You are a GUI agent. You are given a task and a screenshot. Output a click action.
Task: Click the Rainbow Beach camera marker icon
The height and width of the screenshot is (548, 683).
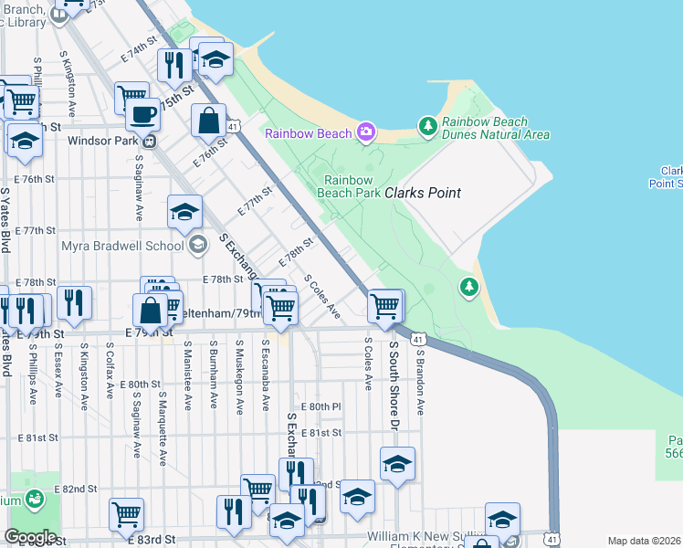(x=365, y=133)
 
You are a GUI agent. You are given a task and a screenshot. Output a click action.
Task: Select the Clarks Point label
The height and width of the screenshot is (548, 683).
(x=422, y=194)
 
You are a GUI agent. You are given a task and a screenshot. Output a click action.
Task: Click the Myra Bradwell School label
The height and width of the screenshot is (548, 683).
(x=121, y=245)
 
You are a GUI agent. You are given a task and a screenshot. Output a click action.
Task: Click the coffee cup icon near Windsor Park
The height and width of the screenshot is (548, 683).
(x=143, y=115)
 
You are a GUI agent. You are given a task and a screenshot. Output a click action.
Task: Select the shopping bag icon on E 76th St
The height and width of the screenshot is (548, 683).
(x=208, y=120)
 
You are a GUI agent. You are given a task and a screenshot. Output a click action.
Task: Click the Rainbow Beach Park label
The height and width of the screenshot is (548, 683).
(x=348, y=186)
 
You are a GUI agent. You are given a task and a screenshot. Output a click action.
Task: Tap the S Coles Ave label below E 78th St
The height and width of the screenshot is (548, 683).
(x=322, y=297)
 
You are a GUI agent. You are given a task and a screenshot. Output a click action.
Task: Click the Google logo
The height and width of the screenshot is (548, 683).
(x=30, y=537)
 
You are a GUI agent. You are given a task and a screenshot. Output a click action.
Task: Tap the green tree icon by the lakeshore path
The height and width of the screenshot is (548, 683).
(x=469, y=288)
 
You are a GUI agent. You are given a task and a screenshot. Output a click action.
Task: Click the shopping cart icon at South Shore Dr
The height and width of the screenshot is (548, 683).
(x=385, y=307)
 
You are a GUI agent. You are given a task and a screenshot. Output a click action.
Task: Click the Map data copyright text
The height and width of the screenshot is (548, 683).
(x=645, y=541)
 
